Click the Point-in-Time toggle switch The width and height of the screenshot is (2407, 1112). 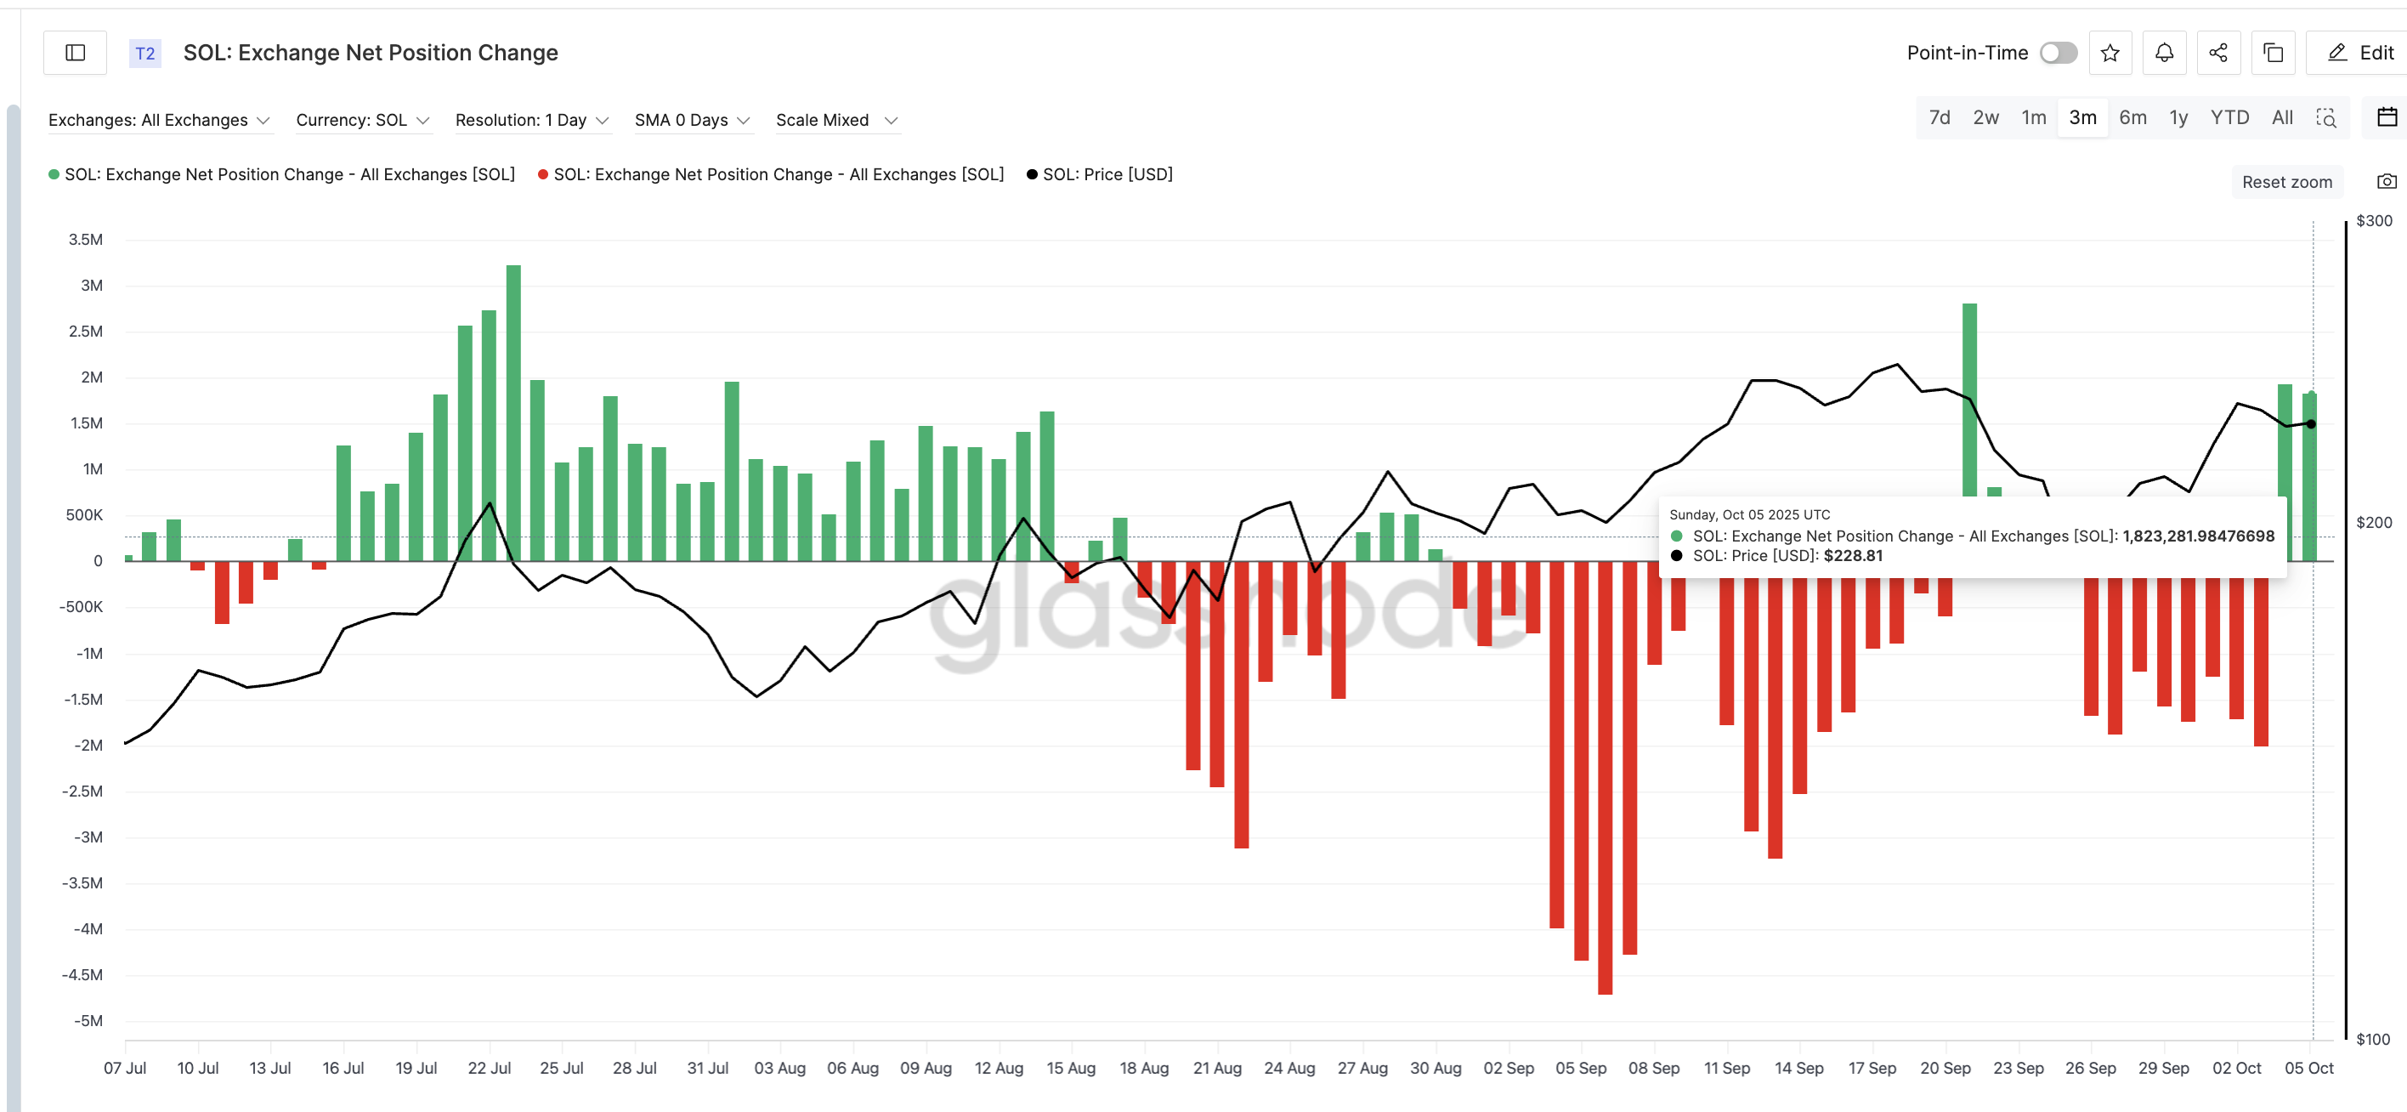pyautogui.click(x=2058, y=54)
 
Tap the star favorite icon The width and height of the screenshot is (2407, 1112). pyautogui.click(x=2110, y=54)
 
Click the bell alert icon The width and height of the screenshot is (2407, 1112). pyautogui.click(x=2164, y=54)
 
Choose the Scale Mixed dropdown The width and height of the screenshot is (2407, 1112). pyautogui.click(x=836, y=121)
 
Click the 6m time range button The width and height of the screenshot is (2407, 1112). pyautogui.click(x=2132, y=117)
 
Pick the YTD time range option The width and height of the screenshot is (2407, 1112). pyautogui.click(x=2229, y=117)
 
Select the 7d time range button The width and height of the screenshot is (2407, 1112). pyautogui.click(x=1940, y=117)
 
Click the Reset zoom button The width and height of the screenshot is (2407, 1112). pyautogui.click(x=2286, y=182)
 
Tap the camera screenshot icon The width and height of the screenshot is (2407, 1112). pyautogui.click(x=2387, y=181)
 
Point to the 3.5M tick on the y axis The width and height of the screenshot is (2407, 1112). pyautogui.click(x=85, y=240)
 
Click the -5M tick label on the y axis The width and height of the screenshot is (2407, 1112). pyautogui.click(x=88, y=1020)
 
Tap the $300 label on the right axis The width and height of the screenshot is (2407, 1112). pyautogui.click(x=2373, y=222)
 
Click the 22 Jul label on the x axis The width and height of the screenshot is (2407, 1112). pyautogui.click(x=489, y=1068)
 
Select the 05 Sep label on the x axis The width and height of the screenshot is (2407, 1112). pyautogui.click(x=1581, y=1068)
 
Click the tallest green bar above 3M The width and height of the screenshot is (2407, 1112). pyautogui.click(x=513, y=411)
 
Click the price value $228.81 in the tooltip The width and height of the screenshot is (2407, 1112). pyautogui.click(x=1852, y=556)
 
